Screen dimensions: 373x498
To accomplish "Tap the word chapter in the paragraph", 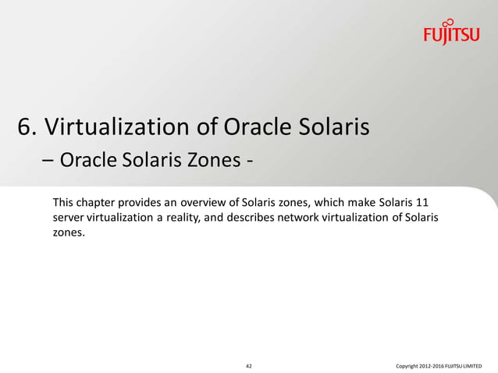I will (x=98, y=203).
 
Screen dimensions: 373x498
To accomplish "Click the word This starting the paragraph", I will (x=64, y=203).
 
